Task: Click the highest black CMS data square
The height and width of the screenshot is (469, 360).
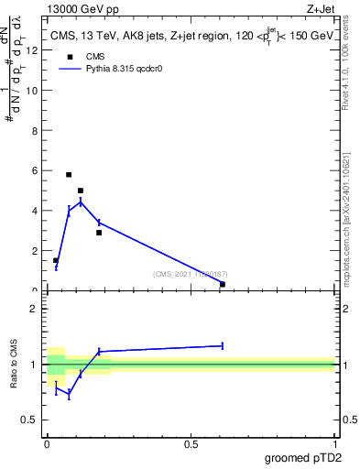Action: [69, 174]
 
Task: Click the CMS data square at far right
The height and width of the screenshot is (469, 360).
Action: [223, 284]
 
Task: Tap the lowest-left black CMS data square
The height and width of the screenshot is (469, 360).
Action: [56, 260]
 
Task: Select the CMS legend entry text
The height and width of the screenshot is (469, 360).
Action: [95, 56]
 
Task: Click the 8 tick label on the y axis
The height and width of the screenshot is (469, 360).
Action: [35, 131]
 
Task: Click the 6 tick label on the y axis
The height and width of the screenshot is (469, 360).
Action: [35, 171]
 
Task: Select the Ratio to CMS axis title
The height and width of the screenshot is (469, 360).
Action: [15, 365]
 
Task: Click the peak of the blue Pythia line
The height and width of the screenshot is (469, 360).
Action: [81, 202]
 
